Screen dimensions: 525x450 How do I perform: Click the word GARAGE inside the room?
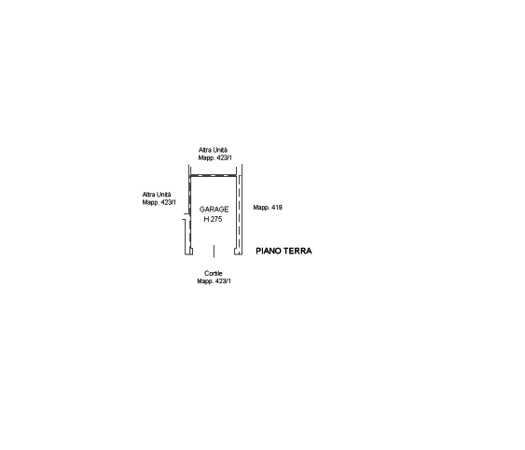click(x=214, y=210)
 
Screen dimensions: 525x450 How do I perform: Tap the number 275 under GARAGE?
click(x=216, y=219)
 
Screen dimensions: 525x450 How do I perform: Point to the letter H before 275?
click(x=206, y=219)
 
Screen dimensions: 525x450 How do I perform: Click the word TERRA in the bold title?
click(x=298, y=251)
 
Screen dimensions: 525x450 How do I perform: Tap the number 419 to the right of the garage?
click(x=277, y=208)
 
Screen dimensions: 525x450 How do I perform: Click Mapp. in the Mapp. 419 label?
click(x=261, y=208)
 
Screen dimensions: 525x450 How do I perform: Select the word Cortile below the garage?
click(x=214, y=273)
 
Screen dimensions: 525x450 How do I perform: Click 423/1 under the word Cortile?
click(x=223, y=281)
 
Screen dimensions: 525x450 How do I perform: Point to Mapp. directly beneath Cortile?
click(x=205, y=281)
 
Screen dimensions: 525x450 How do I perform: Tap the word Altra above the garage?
click(x=204, y=150)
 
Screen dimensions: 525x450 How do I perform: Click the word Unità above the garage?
click(x=220, y=150)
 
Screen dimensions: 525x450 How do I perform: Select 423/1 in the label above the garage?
click(x=224, y=157)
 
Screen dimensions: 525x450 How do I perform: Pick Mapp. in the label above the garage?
click(x=206, y=158)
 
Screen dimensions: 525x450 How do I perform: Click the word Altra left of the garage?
click(x=148, y=195)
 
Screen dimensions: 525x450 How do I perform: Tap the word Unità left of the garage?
click(x=164, y=195)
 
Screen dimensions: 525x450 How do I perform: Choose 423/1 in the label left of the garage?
click(x=169, y=202)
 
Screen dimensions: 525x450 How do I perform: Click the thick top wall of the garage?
click(x=214, y=176)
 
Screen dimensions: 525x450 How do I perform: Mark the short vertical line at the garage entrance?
click(x=214, y=252)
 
